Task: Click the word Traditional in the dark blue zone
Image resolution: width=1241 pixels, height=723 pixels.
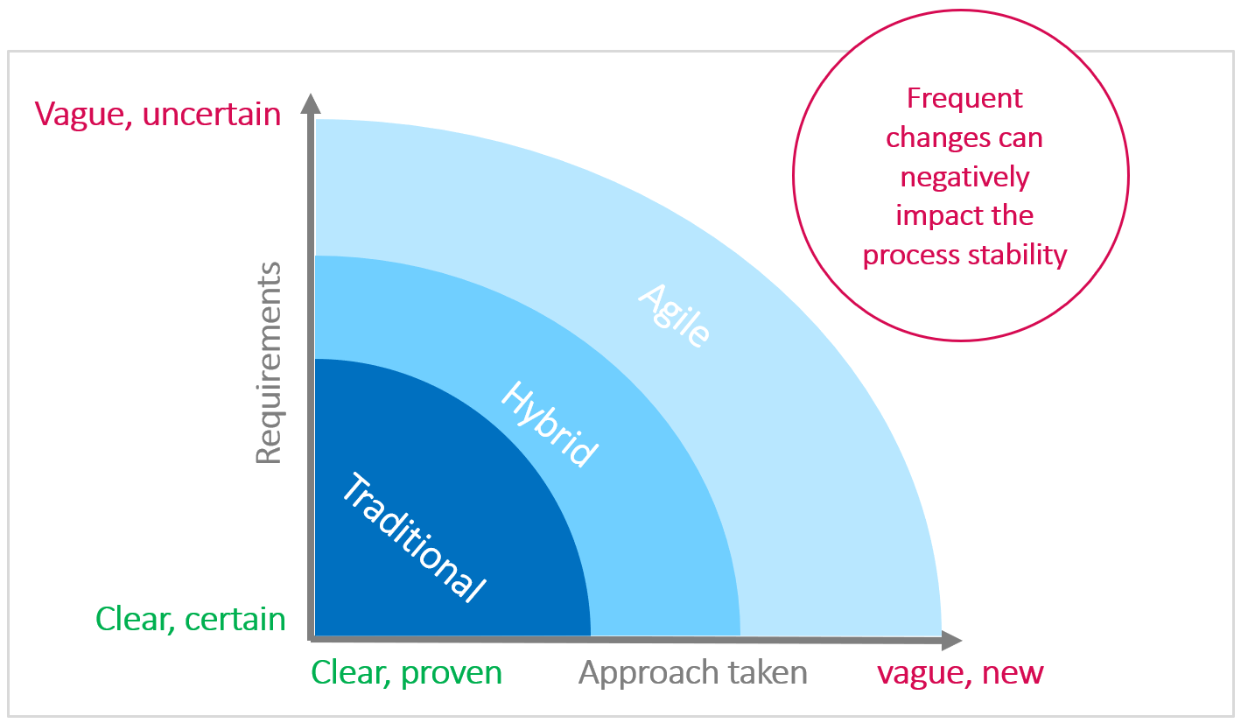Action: pyautogui.click(x=411, y=537)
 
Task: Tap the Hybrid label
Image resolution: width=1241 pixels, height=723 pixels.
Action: pyautogui.click(x=550, y=424)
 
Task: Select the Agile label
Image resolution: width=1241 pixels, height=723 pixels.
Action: pyautogui.click(x=673, y=315)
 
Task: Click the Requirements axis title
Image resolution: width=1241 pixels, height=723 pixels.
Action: pyautogui.click(x=269, y=362)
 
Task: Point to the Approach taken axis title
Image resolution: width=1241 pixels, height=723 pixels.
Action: pyautogui.click(x=692, y=672)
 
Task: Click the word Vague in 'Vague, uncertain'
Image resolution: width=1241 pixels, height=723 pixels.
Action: pyautogui.click(x=83, y=114)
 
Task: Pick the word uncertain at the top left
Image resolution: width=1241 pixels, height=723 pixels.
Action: pyautogui.click(x=211, y=114)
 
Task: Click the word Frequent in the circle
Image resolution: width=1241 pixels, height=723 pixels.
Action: pyautogui.click(x=964, y=98)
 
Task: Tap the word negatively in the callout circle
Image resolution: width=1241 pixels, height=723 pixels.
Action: pyautogui.click(x=964, y=178)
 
